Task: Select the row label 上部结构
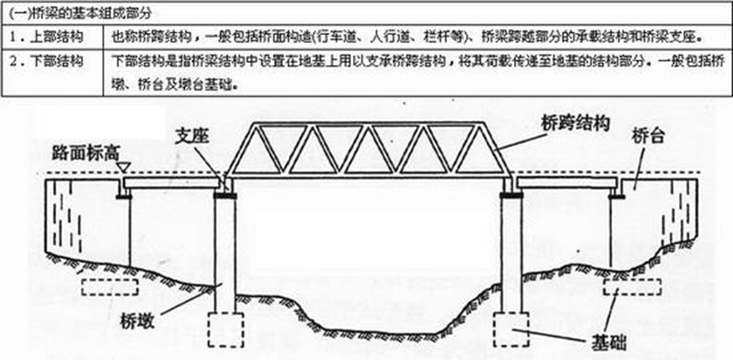45,39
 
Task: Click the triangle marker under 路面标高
123,166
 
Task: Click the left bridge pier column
226,254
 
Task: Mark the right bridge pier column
510,254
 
